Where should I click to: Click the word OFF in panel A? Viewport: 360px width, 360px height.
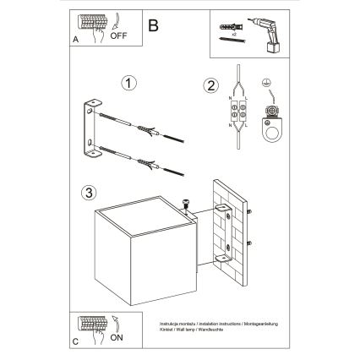click(x=118, y=36)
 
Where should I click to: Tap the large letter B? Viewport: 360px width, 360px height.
click(x=153, y=25)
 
